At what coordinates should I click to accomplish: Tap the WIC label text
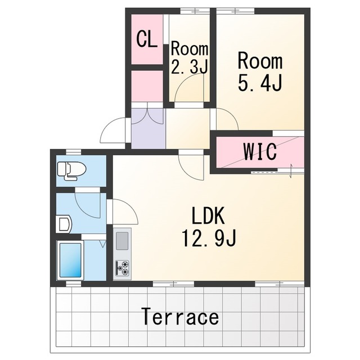tap(260, 151)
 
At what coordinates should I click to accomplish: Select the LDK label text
tap(208, 215)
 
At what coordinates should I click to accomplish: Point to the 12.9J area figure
tap(209, 238)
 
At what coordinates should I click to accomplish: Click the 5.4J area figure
tap(260, 83)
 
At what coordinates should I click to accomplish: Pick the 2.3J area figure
tap(190, 67)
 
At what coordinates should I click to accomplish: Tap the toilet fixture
tap(71, 171)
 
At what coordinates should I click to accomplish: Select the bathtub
tap(70, 260)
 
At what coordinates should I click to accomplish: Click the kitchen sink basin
tap(122, 241)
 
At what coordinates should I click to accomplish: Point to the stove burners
tap(123, 268)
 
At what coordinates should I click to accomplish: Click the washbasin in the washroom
tap(64, 224)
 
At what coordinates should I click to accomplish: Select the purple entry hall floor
tap(148, 129)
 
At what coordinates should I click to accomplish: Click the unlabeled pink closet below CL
tap(147, 86)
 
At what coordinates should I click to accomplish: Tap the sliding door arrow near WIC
tap(291, 170)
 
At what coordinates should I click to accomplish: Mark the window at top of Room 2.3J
tap(195, 11)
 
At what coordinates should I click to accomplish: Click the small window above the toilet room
tap(74, 152)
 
